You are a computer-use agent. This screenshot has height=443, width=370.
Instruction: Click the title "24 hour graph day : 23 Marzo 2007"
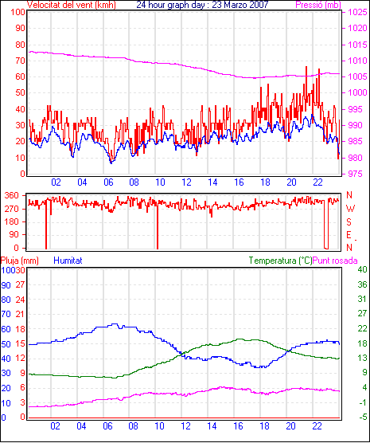pos(202,5)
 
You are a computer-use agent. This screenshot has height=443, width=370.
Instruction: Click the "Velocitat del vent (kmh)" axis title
pos(72,5)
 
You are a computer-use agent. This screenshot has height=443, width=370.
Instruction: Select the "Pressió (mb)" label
pos(318,5)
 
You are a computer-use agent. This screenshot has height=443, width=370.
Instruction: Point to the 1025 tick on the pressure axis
pos(357,12)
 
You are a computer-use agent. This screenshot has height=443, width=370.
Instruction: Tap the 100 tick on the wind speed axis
pos(18,13)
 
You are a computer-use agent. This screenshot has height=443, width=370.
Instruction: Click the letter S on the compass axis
pos(349,222)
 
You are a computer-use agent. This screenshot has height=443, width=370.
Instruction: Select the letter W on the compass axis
pos(350,209)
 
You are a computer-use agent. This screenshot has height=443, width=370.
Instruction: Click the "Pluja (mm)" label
pos(19,261)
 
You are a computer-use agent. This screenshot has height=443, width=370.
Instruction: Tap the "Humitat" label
pos(68,261)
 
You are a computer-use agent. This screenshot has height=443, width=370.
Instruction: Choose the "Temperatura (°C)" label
pos(281,261)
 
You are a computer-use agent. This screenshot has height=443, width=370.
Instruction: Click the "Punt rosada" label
pos(335,261)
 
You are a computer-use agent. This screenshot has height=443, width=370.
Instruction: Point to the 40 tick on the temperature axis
pos(362,269)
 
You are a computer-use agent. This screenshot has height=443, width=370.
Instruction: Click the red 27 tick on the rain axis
pos(20,284)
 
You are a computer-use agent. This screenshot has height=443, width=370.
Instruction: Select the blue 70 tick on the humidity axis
pos(6,314)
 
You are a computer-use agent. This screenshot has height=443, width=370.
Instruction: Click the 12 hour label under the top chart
pos(186,182)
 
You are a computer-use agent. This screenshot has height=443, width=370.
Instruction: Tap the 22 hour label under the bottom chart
pos(317,425)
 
